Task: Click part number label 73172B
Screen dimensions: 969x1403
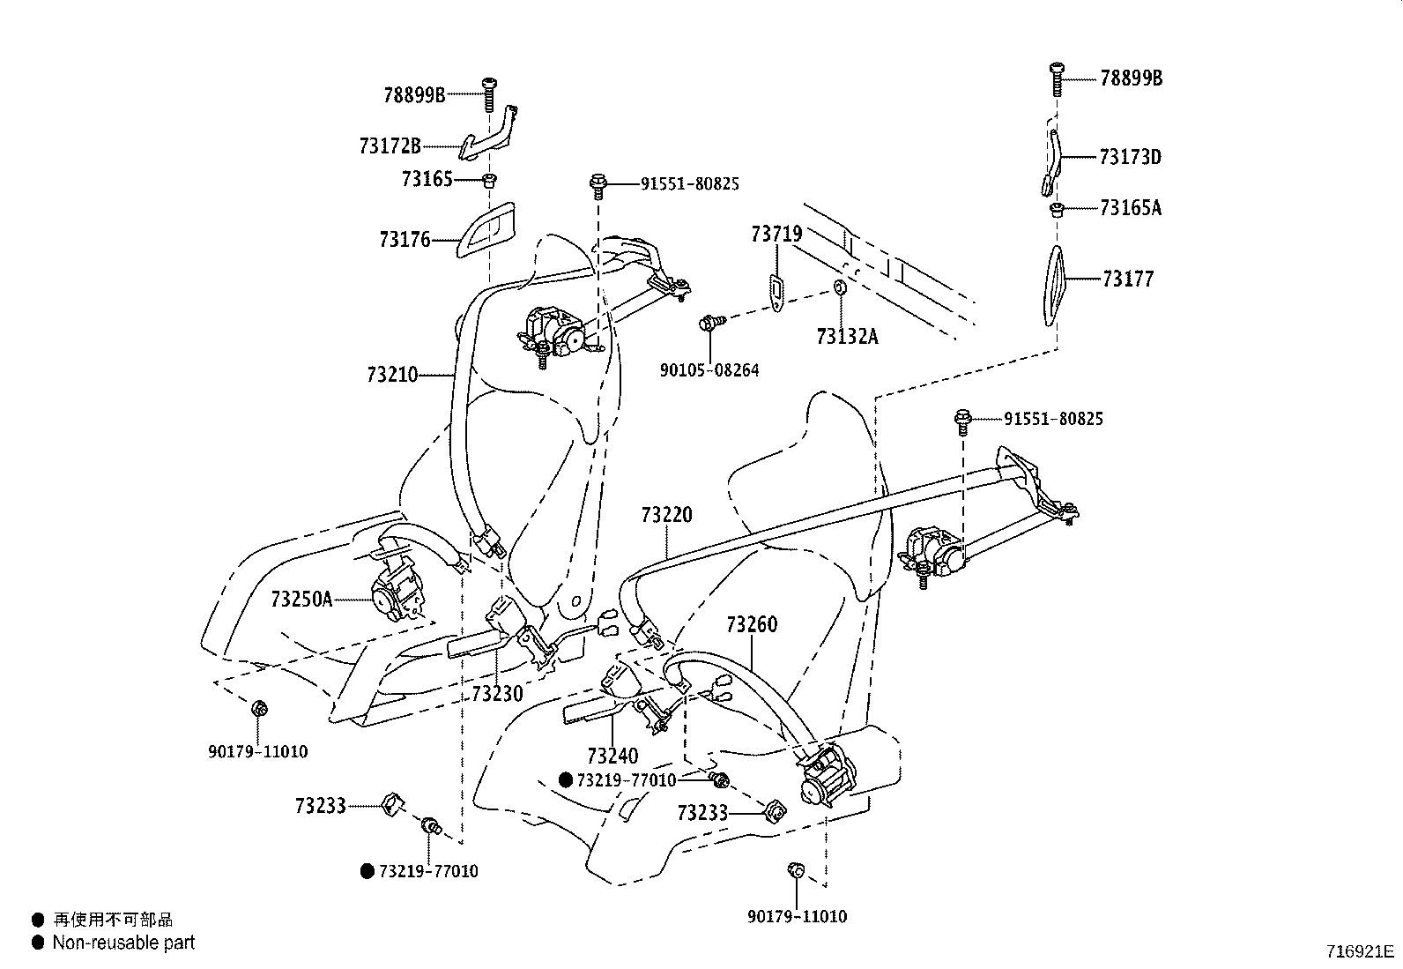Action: coord(390,146)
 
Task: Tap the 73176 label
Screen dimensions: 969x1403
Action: coord(405,239)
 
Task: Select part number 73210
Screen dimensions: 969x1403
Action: coord(392,375)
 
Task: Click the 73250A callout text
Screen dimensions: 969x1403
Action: coord(301,600)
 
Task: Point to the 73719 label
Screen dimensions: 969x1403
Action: coord(776,235)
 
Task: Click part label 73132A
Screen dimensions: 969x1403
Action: coord(847,336)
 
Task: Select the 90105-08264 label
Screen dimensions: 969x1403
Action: coord(709,370)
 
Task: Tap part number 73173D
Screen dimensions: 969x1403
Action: coord(1131,158)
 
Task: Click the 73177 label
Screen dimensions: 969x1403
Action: coord(1127,280)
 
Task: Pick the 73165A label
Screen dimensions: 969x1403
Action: coord(1131,208)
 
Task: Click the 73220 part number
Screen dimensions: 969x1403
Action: coord(667,515)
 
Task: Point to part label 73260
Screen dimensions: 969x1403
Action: coord(752,625)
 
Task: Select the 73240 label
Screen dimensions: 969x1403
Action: coord(612,757)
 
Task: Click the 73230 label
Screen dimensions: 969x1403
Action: coord(497,694)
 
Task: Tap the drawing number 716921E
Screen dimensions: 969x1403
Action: coord(1361,952)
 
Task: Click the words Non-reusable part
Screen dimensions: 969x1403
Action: coord(123,943)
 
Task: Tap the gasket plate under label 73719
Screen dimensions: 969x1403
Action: coord(776,291)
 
